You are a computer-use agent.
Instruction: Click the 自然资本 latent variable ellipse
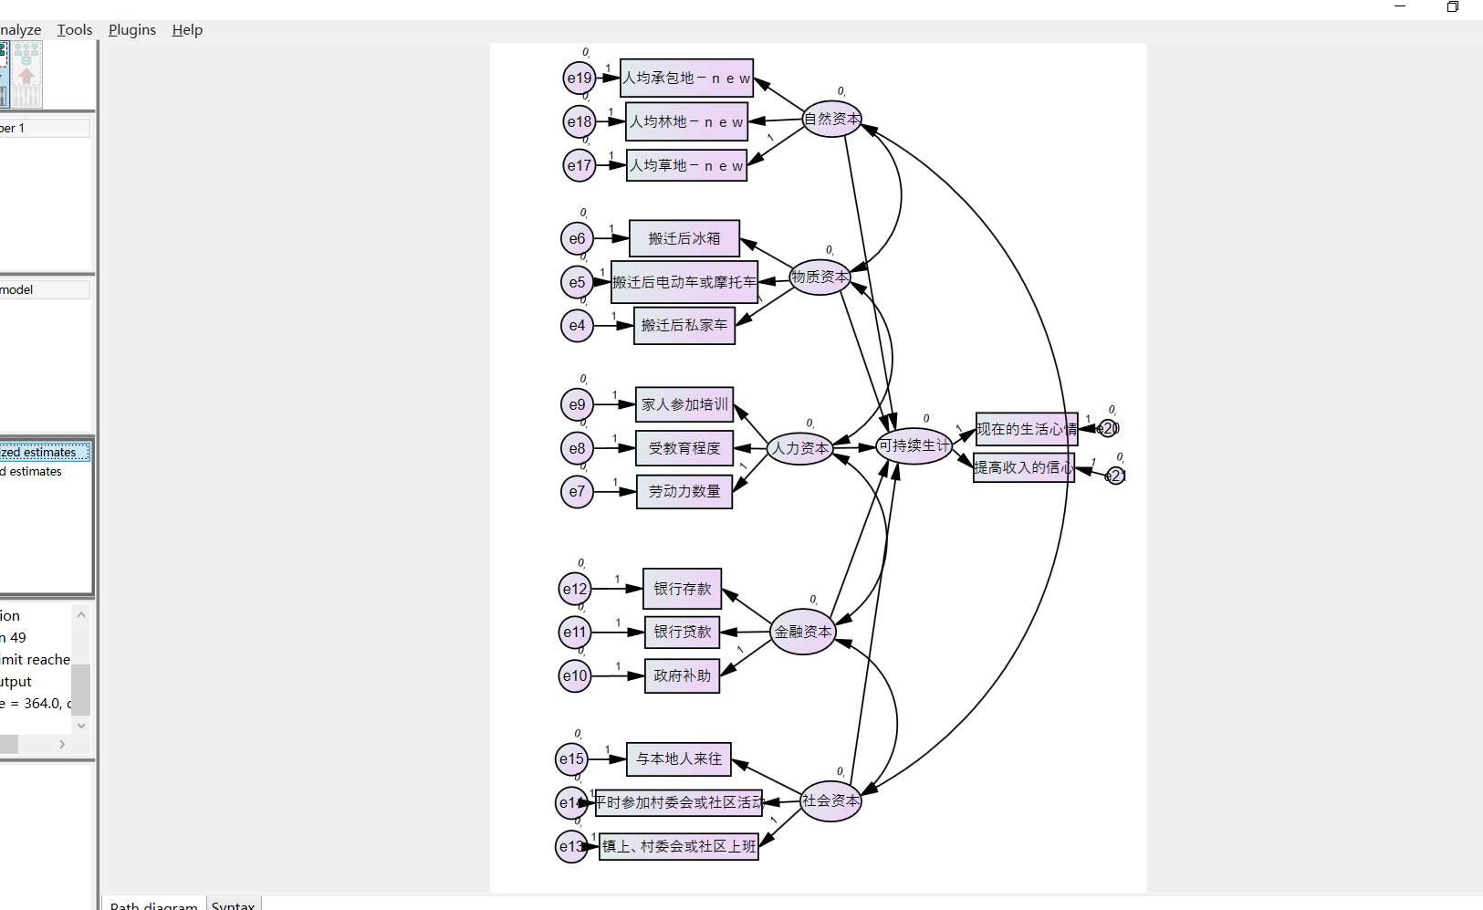coord(831,119)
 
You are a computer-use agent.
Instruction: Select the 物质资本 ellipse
coord(820,277)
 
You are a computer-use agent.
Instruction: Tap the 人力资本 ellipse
coord(800,448)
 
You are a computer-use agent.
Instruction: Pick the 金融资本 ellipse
coord(803,632)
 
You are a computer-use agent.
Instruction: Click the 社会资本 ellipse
coord(830,800)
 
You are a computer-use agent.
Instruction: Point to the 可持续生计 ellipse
coord(914,445)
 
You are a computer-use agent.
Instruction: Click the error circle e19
coord(580,78)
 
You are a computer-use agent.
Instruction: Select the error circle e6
coord(577,238)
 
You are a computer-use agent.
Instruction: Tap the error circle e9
coord(577,404)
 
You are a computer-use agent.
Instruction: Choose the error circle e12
coord(575,589)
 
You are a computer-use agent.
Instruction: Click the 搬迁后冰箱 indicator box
coord(684,238)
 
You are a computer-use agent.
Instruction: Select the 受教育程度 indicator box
coord(684,448)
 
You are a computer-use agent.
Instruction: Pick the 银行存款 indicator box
coord(683,589)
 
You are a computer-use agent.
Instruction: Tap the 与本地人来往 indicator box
coord(679,758)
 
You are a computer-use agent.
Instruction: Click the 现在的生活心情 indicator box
coord(1027,429)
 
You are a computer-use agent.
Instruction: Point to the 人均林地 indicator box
coord(686,121)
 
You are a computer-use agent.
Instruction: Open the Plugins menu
coord(132,30)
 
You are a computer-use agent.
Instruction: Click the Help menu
coord(187,30)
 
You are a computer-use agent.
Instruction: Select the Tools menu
coord(75,30)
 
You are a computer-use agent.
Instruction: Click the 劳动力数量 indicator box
coord(684,491)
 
